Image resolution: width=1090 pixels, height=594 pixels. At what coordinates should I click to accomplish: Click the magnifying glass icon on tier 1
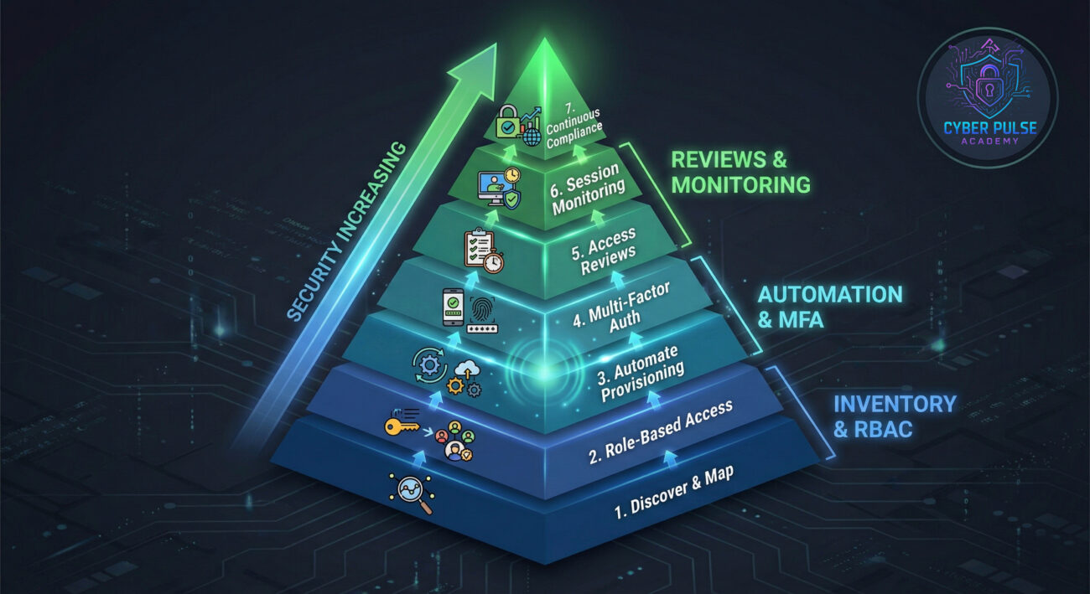tap(413, 493)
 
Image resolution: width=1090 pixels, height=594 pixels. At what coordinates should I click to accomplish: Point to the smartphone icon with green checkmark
tap(453, 307)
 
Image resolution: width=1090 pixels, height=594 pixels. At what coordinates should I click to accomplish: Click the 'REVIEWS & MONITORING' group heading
tap(740, 172)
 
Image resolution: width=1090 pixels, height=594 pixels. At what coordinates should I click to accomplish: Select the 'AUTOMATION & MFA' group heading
tap(829, 306)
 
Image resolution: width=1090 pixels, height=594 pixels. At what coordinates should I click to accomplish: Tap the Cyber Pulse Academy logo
tap(987, 97)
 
